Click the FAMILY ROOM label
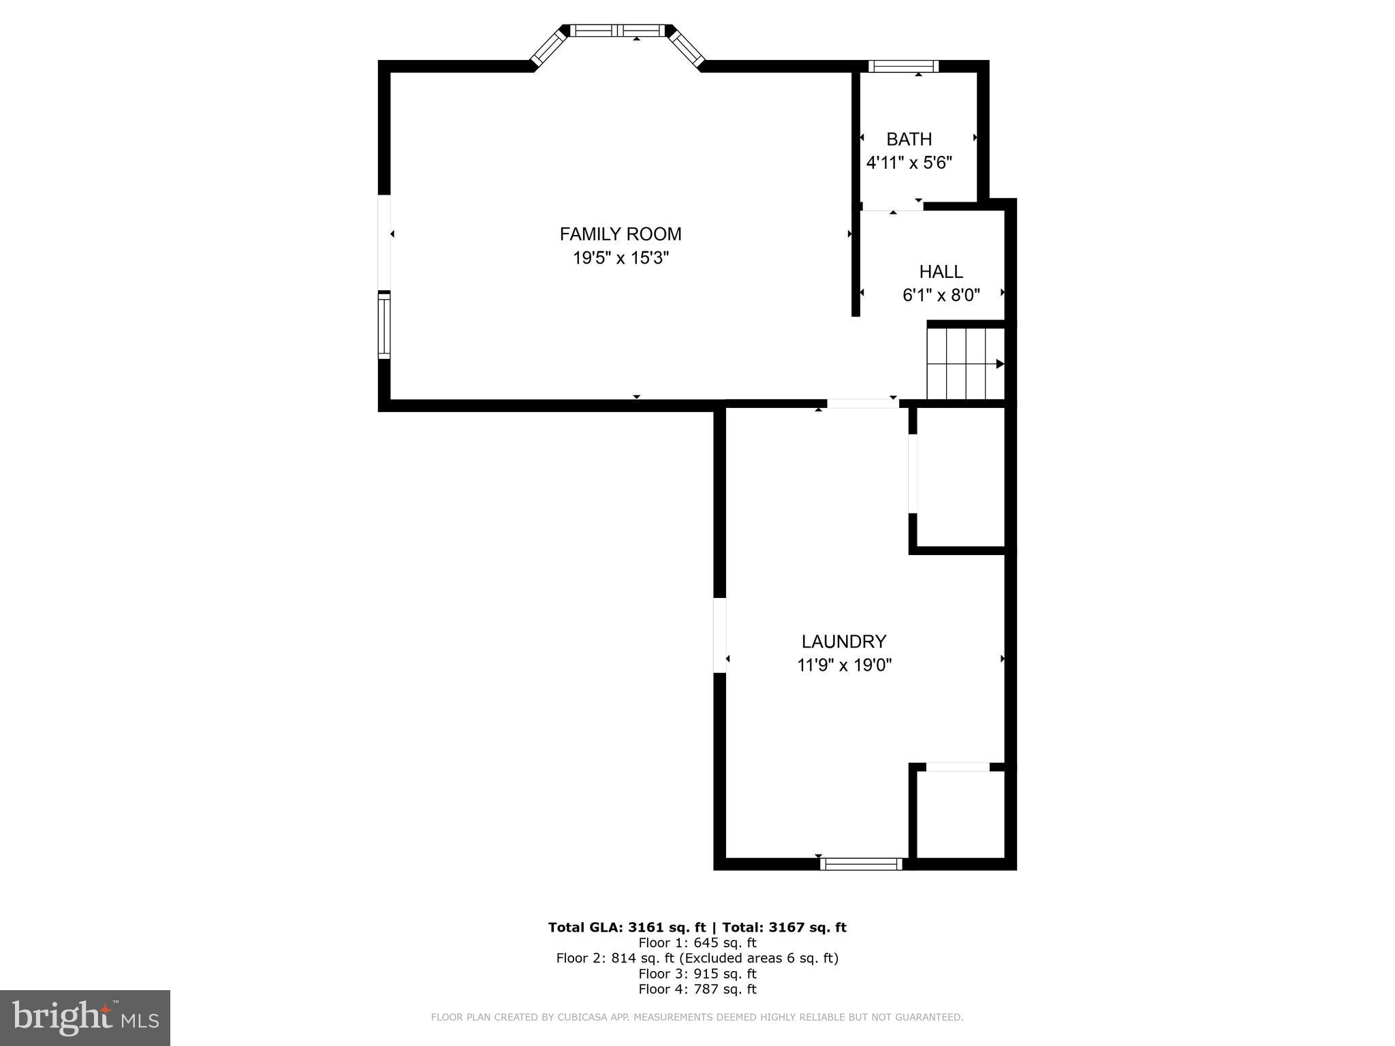click(620, 234)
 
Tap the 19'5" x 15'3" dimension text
click(621, 258)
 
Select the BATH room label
click(909, 140)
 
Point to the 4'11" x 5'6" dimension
click(909, 163)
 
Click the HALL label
click(941, 272)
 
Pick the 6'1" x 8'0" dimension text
click(941, 296)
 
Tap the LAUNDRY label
click(843, 641)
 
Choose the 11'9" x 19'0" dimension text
click(844, 665)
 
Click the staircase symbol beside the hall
click(965, 364)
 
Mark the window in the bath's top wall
click(903, 66)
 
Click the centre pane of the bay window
click(617, 31)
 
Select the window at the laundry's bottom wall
click(861, 864)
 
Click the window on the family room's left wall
click(384, 326)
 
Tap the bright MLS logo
click(85, 1017)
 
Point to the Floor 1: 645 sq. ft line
click(697, 943)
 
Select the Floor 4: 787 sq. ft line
click(697, 989)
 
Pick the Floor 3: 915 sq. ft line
click(697, 974)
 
